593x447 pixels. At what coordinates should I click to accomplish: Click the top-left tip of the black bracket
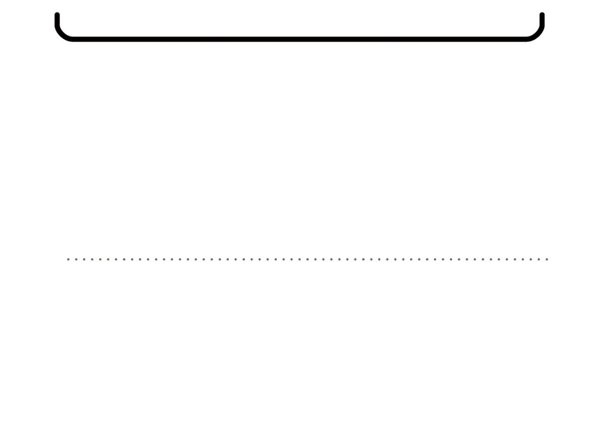pos(57,15)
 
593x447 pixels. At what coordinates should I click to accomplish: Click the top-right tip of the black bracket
pos(542,15)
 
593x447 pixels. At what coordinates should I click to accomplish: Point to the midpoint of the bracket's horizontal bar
pos(300,39)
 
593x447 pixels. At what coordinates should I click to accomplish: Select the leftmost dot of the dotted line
pos(68,259)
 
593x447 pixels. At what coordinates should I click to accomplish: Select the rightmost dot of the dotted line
pos(548,259)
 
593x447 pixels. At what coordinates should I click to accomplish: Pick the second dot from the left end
pos(76,259)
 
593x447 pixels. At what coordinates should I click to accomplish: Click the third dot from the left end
pos(84,259)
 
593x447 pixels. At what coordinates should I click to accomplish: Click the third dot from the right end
pos(532,259)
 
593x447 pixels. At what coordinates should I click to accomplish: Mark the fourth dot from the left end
pos(92,259)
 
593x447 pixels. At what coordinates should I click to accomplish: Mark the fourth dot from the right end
pos(524,259)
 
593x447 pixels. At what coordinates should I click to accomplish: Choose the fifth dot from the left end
pos(100,259)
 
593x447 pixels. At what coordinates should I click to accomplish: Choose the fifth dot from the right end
pos(516,259)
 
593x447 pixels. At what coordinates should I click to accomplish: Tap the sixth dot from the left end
pos(108,259)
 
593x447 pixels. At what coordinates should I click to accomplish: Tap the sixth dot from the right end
pos(508,259)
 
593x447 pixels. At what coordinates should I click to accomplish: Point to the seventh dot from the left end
pos(117,259)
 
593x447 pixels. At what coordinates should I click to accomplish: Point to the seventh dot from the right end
pos(500,259)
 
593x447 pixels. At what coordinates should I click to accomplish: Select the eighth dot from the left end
pos(124,259)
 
